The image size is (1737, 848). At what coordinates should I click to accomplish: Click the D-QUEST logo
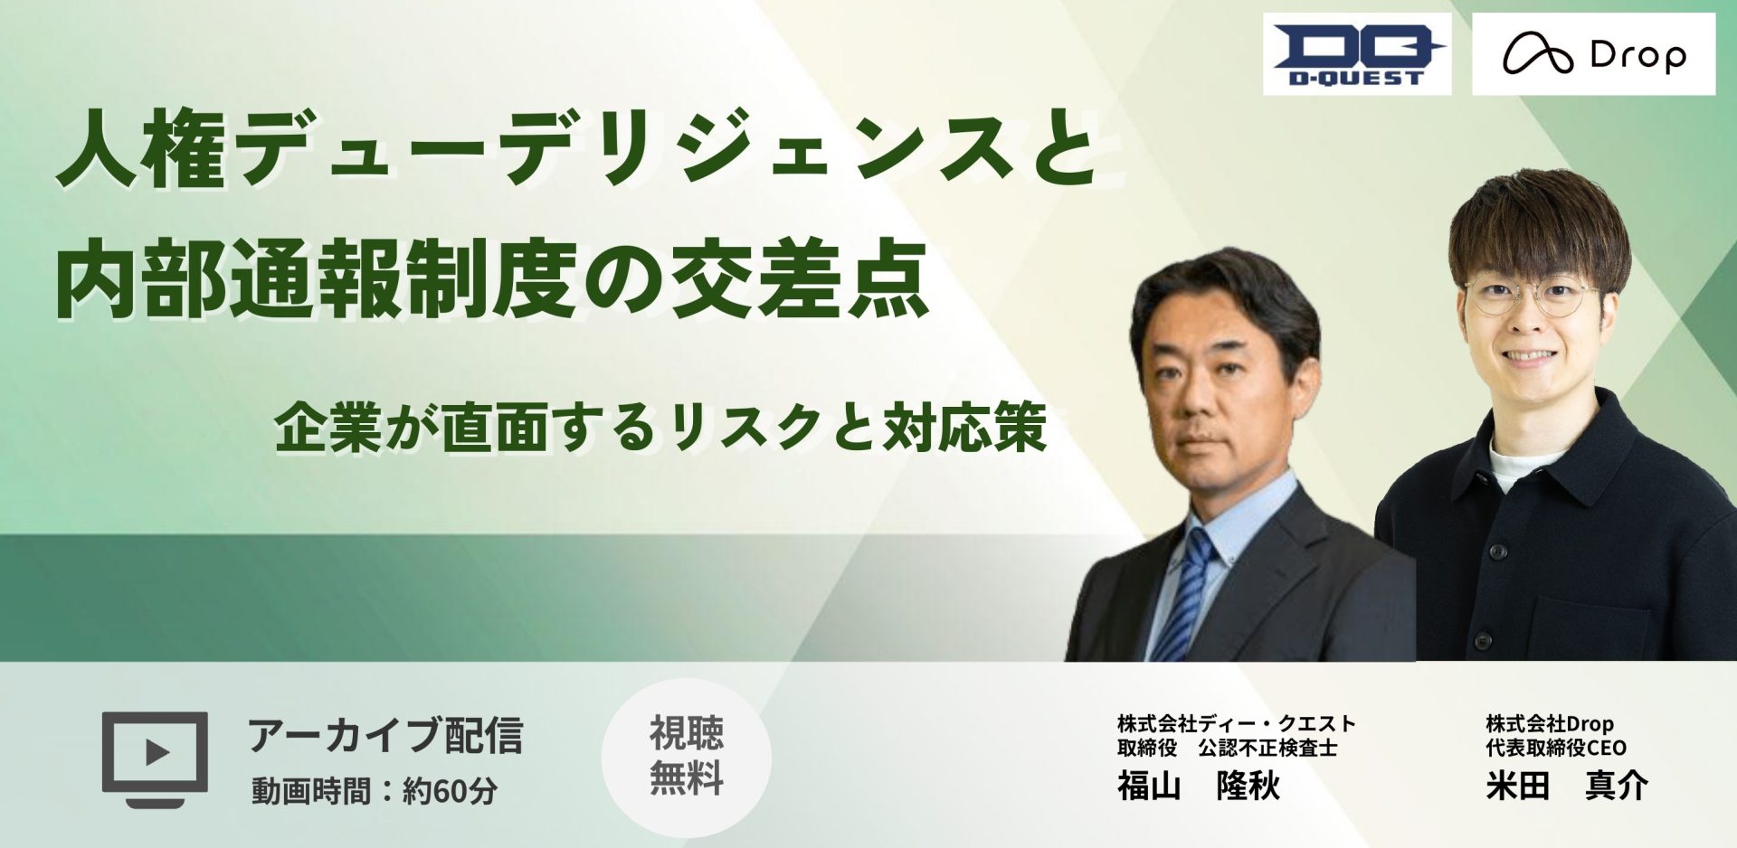1357,54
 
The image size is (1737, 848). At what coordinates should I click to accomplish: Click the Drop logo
1593,54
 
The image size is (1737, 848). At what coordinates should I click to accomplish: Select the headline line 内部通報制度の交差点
492,282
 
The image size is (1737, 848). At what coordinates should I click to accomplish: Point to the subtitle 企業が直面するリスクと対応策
661,428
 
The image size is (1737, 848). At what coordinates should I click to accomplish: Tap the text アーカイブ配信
385,735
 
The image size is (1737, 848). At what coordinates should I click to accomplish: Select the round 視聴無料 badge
687,758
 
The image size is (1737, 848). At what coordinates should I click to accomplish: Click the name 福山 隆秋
1198,786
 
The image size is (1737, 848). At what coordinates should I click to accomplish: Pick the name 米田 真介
1567,786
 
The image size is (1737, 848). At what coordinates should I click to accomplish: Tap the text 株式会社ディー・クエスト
1237,723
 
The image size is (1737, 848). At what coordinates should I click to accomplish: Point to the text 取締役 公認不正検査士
1227,748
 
